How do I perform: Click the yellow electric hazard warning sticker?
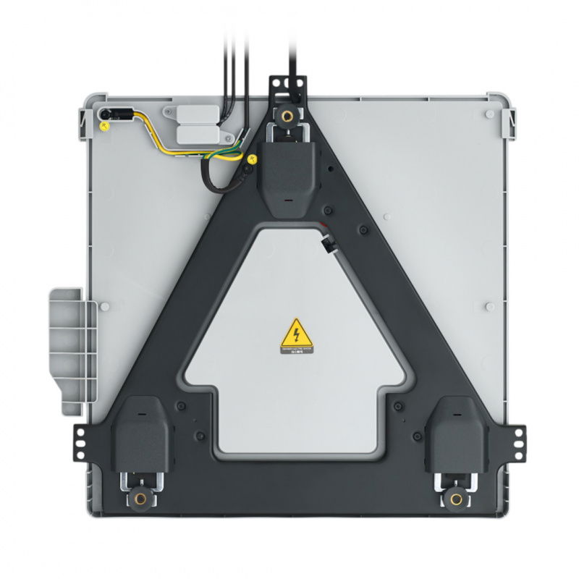pyautogui.click(x=297, y=337)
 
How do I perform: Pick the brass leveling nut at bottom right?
pyautogui.click(x=455, y=499)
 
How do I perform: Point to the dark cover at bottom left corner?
pyautogui.click(x=142, y=434)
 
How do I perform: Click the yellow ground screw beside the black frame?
pyautogui.click(x=252, y=159)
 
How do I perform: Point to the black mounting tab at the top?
pyautogui.click(x=287, y=87)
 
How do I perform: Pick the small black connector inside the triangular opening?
pyautogui.click(x=327, y=247)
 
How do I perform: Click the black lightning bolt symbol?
pyautogui.click(x=297, y=334)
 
